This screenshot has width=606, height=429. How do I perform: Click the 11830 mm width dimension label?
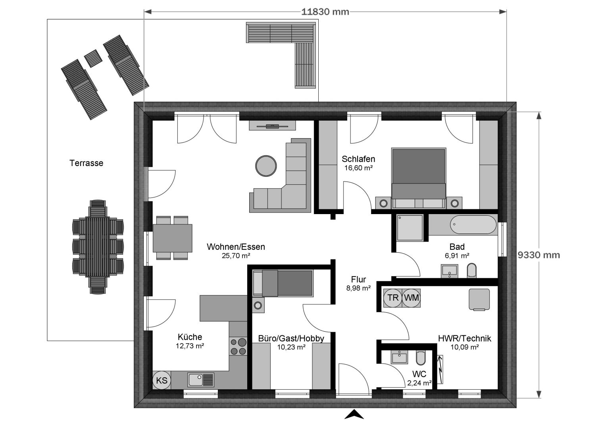point(325,12)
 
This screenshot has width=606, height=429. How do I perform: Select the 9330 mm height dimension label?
point(539,255)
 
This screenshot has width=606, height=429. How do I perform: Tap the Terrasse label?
point(86,163)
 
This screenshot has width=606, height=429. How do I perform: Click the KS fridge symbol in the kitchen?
point(162,380)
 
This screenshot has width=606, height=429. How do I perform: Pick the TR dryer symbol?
point(393,298)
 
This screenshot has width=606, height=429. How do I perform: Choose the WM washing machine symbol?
point(411,298)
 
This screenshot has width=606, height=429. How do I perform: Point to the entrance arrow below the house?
point(354,414)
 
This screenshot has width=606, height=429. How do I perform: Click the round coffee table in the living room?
point(266,166)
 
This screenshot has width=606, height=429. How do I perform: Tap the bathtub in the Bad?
point(473,224)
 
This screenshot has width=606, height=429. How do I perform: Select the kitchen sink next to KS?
point(201,380)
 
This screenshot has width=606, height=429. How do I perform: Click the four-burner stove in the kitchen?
point(239,346)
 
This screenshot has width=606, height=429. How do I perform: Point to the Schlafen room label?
point(358,159)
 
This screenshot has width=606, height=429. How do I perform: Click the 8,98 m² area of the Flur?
point(358,288)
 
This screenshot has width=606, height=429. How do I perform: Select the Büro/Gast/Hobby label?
point(291,338)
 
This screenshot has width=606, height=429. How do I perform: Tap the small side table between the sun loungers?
point(93,58)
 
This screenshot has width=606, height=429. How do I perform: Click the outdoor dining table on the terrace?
point(98,246)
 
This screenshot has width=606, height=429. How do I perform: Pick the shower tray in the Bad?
point(410,228)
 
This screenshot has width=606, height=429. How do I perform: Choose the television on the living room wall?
point(272,126)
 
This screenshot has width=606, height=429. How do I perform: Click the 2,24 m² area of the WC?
point(419,383)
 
